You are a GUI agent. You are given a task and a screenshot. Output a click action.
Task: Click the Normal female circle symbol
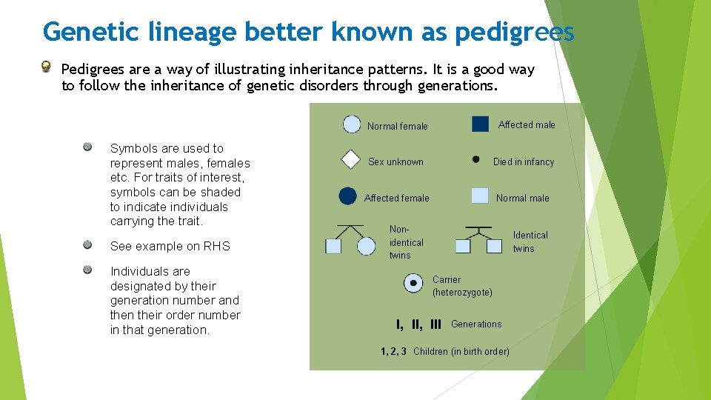pyautogui.click(x=352, y=124)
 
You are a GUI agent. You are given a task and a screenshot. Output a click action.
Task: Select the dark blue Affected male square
pyautogui.click(x=480, y=124)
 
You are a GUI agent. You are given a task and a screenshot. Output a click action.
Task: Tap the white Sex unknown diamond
pyautogui.click(x=350, y=161)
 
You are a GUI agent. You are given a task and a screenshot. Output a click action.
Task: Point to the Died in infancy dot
pyautogui.click(x=475, y=159)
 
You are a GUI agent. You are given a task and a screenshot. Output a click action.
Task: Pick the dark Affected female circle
pyautogui.click(x=347, y=196)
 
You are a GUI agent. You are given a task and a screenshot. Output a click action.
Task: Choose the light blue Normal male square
pyautogui.click(x=480, y=196)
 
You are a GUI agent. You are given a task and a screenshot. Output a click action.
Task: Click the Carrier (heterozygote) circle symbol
pyautogui.click(x=413, y=283)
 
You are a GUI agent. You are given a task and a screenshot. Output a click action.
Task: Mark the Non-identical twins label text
pyautogui.click(x=406, y=242)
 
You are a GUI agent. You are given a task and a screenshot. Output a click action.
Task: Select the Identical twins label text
pyautogui.click(x=530, y=241)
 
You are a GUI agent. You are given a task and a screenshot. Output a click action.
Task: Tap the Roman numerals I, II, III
pyautogui.click(x=418, y=324)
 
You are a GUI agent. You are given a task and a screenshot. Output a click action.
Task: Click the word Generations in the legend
pyautogui.click(x=476, y=324)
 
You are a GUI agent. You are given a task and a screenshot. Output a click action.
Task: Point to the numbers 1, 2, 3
pyautogui.click(x=393, y=351)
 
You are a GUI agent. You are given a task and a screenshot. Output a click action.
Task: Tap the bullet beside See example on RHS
pyautogui.click(x=87, y=244)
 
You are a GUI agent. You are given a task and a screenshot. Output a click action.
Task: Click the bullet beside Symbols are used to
pyautogui.click(x=87, y=147)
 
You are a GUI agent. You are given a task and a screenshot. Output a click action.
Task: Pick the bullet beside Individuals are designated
pyautogui.click(x=87, y=270)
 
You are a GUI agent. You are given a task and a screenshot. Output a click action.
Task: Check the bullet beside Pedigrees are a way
pyautogui.click(x=46, y=67)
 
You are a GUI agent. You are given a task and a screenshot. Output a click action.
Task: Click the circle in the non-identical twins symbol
pyautogui.click(x=367, y=246)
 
